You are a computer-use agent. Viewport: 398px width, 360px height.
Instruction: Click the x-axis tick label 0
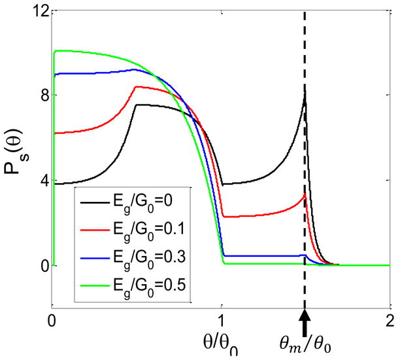53,320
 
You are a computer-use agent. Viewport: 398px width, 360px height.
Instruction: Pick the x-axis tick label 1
221,320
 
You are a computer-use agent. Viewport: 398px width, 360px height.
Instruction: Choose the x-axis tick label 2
389,320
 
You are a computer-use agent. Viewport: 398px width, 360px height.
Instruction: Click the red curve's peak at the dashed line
305,194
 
